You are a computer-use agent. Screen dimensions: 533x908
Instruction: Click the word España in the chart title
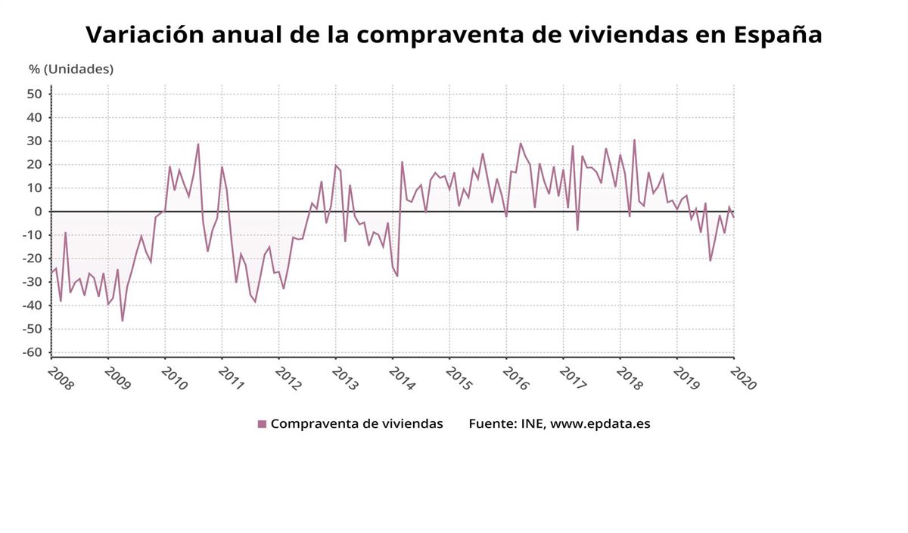(x=778, y=35)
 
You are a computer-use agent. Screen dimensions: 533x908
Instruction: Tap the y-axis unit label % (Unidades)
(x=71, y=69)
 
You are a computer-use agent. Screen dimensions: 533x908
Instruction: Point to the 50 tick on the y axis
(x=34, y=94)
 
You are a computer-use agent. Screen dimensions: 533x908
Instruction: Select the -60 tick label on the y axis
(x=31, y=352)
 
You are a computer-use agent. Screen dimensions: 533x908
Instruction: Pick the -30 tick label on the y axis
(x=31, y=282)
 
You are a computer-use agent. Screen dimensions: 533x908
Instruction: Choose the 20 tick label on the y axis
(x=34, y=165)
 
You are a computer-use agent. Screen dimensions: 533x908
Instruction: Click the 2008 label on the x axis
(x=61, y=378)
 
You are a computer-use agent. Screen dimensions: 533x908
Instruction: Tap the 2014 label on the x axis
(x=402, y=378)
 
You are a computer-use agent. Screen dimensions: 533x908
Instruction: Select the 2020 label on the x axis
(x=743, y=378)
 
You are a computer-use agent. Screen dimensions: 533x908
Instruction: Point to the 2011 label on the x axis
(x=231, y=378)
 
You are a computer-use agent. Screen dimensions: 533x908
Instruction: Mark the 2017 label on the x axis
(x=573, y=378)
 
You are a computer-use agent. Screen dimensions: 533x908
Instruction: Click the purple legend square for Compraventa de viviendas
(x=262, y=424)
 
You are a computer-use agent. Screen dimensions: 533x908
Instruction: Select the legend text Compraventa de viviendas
(x=356, y=423)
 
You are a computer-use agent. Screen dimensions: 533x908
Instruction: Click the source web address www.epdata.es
(x=600, y=423)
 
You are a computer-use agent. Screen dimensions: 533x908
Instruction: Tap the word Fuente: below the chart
(x=493, y=423)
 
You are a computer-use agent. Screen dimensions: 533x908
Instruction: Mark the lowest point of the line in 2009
(x=123, y=321)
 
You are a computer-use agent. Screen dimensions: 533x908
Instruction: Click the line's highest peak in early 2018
(x=634, y=140)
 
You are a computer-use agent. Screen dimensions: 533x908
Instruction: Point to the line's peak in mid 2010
(x=198, y=144)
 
